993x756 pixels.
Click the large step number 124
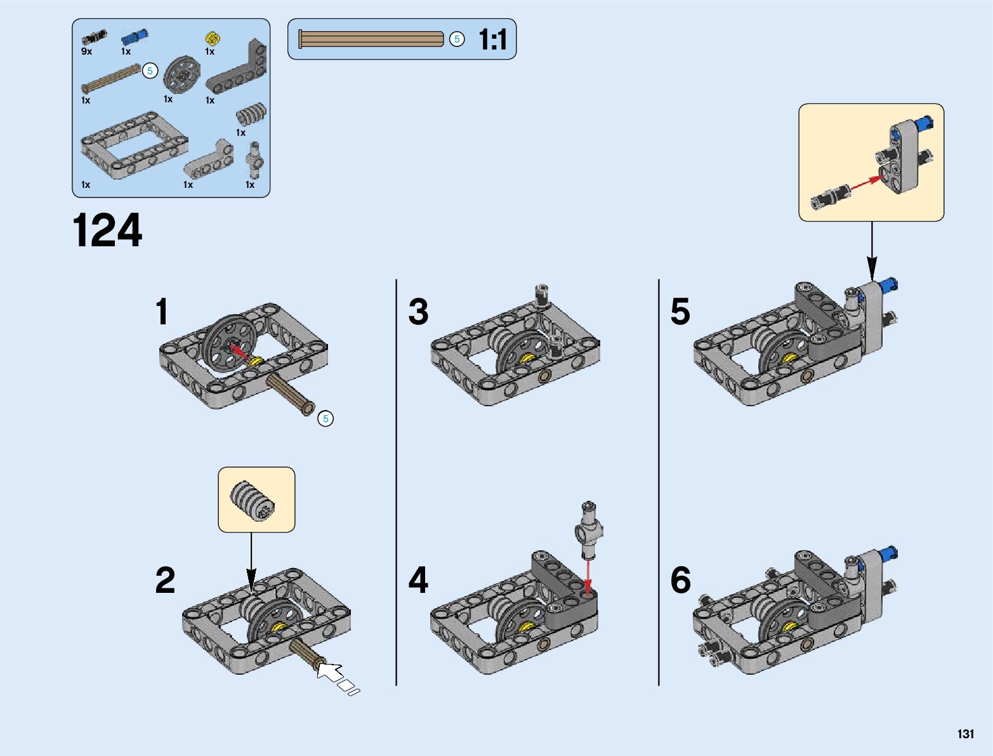[x=107, y=230]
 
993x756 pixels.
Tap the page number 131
[x=965, y=734]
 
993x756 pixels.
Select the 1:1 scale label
[x=493, y=39]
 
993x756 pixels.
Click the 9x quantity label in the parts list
[x=86, y=51]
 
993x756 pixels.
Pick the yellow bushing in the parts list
[x=212, y=37]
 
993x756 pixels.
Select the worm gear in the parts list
[x=251, y=115]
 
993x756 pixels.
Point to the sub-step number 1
[x=162, y=312]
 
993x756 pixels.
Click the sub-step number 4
[x=418, y=580]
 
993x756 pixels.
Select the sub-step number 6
[x=680, y=580]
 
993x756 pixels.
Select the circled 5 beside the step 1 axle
[x=326, y=418]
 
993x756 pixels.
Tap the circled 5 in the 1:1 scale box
[x=457, y=39]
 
